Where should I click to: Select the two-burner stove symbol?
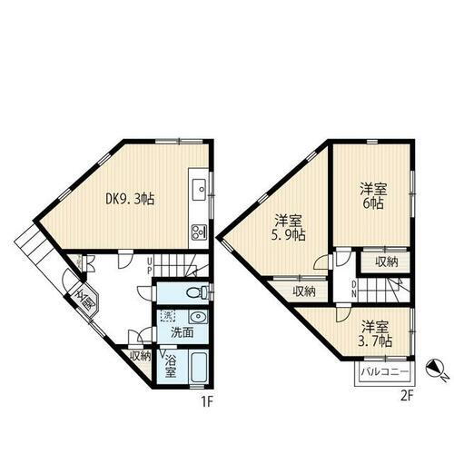pos(198,233)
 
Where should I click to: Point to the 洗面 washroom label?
pos(183,332)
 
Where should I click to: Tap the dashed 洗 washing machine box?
pos(166,316)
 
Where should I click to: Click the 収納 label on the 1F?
pos(140,357)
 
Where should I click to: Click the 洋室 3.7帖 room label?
pos(375,333)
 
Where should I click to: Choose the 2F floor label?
pos(406,395)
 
